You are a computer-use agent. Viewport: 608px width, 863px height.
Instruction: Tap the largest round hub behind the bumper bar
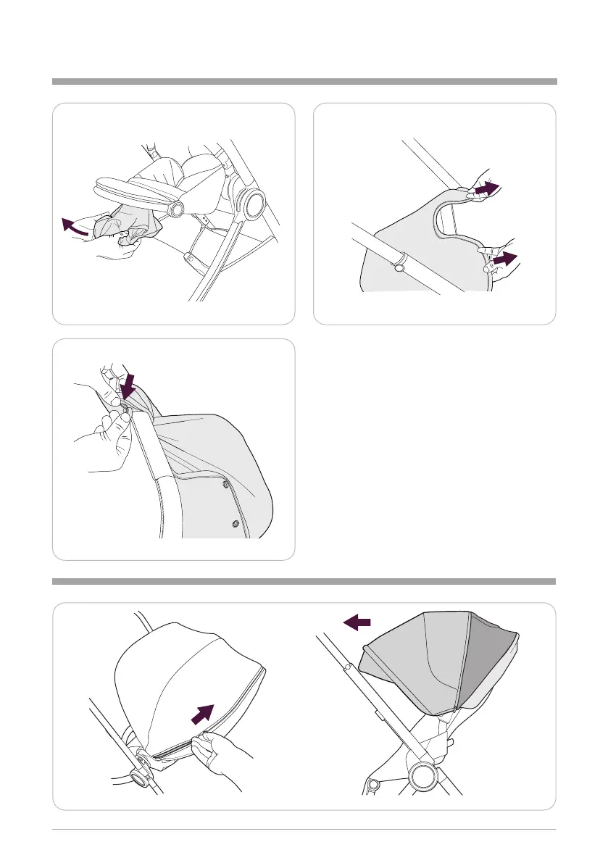pos(253,206)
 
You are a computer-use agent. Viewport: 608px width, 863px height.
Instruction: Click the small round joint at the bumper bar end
pos(175,210)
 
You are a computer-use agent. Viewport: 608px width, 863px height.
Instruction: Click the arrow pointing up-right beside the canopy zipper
pos(204,714)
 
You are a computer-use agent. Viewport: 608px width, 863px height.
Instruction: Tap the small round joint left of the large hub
pos(374,784)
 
